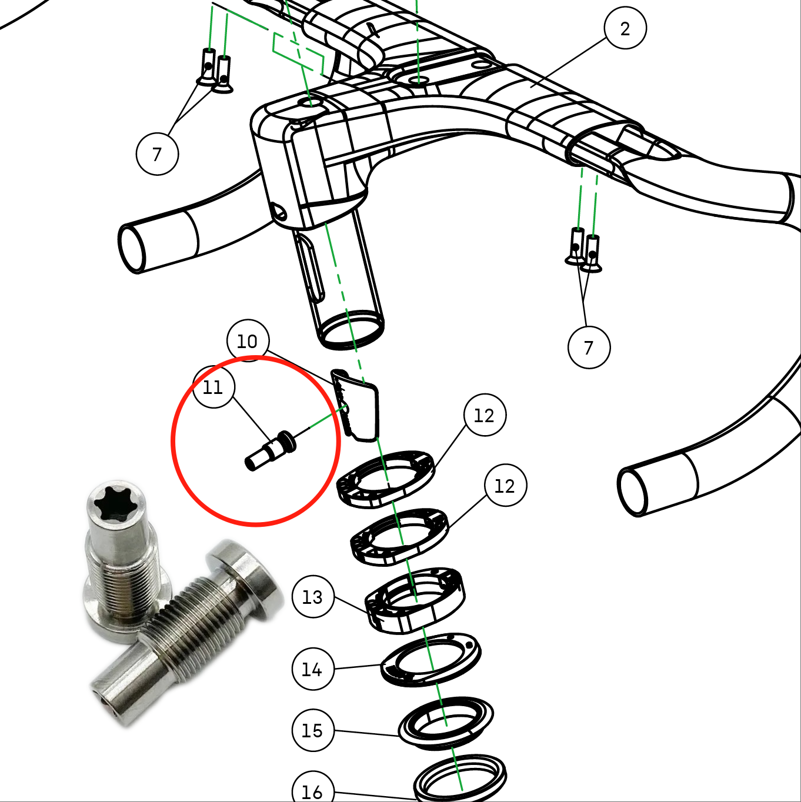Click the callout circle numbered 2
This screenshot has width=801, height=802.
pyautogui.click(x=625, y=28)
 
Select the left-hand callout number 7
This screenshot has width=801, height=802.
pyautogui.click(x=157, y=154)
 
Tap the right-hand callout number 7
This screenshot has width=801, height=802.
pyautogui.click(x=589, y=347)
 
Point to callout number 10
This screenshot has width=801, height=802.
pyautogui.click(x=248, y=341)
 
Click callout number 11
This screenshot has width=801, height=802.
pyautogui.click(x=213, y=387)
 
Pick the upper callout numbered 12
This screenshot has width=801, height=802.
pyautogui.click(x=485, y=415)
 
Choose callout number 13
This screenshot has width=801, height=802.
pyautogui.click(x=313, y=597)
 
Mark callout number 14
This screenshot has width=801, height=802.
pyautogui.click(x=313, y=669)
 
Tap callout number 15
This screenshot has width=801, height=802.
pyautogui.click(x=313, y=730)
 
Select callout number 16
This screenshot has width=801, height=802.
pyautogui.click(x=313, y=790)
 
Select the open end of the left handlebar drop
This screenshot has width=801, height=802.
pyautogui.click(x=132, y=249)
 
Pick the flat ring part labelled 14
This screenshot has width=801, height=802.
pyautogui.click(x=430, y=660)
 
